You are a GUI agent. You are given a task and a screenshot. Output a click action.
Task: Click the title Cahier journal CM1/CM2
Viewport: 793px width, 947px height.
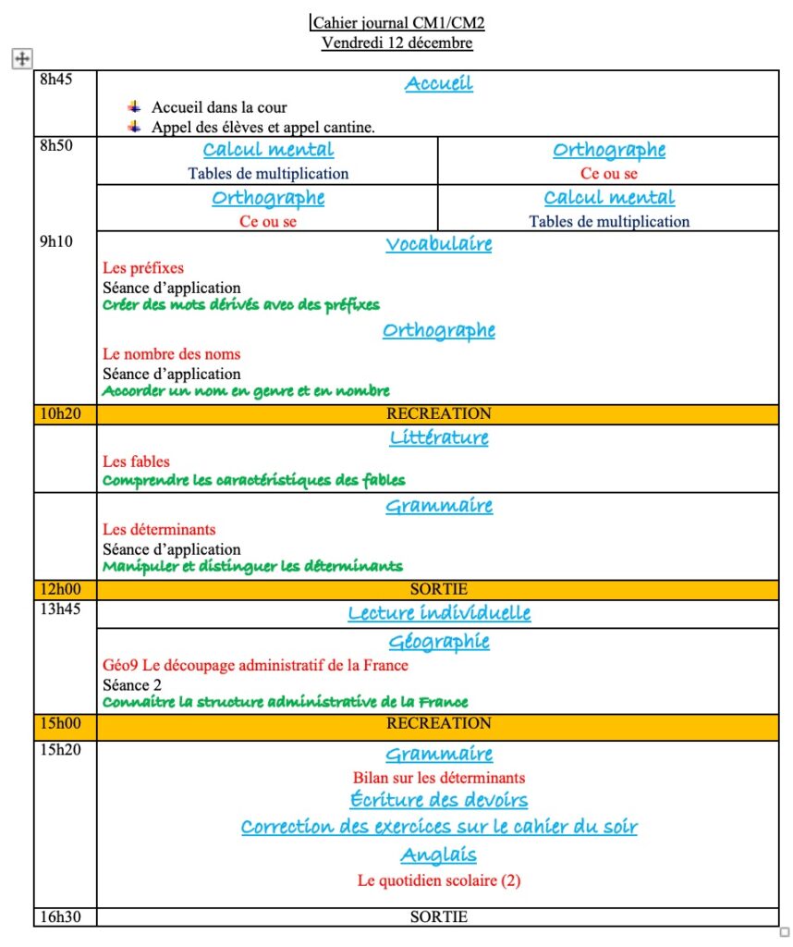pyautogui.click(x=397, y=22)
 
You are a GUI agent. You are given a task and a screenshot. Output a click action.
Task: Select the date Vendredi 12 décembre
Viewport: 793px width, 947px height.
pyautogui.click(x=397, y=43)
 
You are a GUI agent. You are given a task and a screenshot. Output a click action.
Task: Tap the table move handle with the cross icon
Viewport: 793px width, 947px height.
pyautogui.click(x=21, y=59)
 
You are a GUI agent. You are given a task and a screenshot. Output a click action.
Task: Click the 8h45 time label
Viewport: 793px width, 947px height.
pyautogui.click(x=55, y=79)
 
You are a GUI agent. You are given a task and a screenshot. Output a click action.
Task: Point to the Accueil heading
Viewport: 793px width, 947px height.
pyautogui.click(x=438, y=83)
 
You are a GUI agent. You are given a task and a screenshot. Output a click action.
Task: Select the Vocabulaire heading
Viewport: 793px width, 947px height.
pyautogui.click(x=438, y=244)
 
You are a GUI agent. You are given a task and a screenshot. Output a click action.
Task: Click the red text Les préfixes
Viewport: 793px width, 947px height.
pyautogui.click(x=143, y=268)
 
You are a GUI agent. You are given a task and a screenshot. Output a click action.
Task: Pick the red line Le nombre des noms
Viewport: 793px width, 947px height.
pyautogui.click(x=171, y=354)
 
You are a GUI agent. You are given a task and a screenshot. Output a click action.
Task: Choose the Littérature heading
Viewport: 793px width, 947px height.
pyautogui.click(x=438, y=437)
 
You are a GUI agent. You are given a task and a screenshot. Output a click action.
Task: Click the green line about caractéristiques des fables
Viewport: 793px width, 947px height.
pyautogui.click(x=253, y=480)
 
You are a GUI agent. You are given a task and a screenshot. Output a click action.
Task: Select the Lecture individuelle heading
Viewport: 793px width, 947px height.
pyautogui.click(x=438, y=613)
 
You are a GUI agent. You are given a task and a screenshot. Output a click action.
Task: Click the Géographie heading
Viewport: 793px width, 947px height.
pyautogui.click(x=438, y=642)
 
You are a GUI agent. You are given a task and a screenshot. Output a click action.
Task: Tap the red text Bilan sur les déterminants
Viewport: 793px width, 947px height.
pyautogui.click(x=438, y=778)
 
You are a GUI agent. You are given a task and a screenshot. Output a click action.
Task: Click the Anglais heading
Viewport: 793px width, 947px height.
pyautogui.click(x=438, y=855)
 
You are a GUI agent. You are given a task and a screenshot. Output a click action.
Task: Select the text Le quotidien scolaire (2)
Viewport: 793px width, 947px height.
pyautogui.click(x=438, y=880)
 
